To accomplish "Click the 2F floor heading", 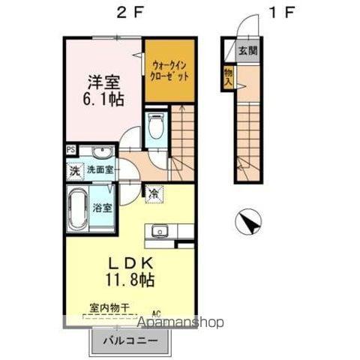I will point(125,12).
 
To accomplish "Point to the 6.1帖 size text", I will point(103,98).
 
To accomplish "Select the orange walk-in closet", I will point(169,70).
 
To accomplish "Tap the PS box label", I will point(70,149).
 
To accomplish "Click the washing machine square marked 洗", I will point(74,169).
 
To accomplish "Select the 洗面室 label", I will point(99,170).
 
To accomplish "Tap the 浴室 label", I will point(103,208).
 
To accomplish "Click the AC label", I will point(157,313).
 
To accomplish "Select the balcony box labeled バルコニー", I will point(130,341).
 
